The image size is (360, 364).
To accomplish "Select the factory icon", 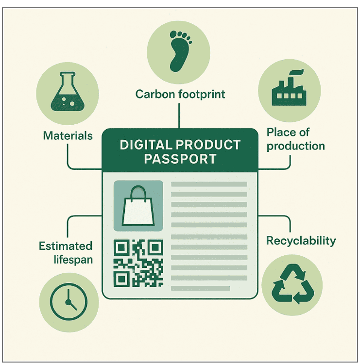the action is [289, 89].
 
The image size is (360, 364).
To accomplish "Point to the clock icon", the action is [69, 302].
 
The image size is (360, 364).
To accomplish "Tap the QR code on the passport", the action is [138, 263].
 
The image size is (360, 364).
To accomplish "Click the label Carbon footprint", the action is [180, 94].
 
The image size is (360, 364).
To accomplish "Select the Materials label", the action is [68, 136].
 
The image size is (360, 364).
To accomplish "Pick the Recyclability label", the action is [301, 241].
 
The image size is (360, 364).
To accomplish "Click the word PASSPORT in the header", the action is [180, 159].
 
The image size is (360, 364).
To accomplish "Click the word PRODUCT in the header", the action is [208, 145].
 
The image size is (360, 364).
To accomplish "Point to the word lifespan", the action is [73, 260].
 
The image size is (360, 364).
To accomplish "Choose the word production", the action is [295, 146].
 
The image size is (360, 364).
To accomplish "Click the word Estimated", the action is [66, 246].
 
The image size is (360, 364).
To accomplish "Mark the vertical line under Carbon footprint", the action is [179, 116].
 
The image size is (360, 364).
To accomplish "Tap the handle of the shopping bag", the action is [138, 193].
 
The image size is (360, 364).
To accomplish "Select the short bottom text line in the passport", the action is [200, 288].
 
